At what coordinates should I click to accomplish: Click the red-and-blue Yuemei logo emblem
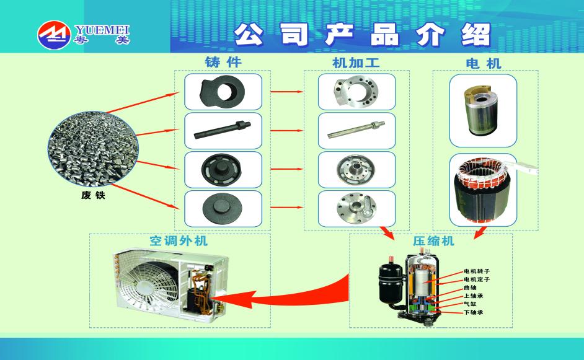(x=54, y=35)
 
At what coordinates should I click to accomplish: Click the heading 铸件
(x=223, y=62)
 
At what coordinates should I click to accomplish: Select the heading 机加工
(x=356, y=63)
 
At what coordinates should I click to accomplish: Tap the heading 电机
(x=484, y=63)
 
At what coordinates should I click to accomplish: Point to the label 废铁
(x=93, y=195)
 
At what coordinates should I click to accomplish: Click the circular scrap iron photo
(x=93, y=148)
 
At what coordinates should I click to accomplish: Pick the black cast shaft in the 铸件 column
(x=223, y=130)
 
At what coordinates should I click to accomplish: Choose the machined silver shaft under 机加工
(x=356, y=129)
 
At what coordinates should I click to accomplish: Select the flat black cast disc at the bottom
(x=223, y=208)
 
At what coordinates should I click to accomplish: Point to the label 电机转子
(x=477, y=271)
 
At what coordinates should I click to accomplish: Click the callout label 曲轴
(x=470, y=288)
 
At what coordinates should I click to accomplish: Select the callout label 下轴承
(x=474, y=312)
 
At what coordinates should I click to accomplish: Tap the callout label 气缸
(x=470, y=304)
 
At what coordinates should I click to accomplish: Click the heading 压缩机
(x=433, y=241)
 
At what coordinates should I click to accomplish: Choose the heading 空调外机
(x=179, y=240)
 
